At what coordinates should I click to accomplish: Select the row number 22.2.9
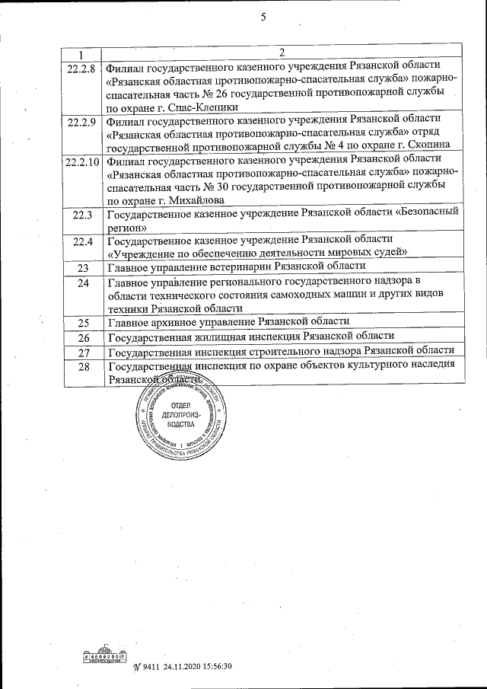81,121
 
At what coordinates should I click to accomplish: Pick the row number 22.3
82,215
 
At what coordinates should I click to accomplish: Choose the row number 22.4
82,241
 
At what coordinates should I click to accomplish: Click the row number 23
83,267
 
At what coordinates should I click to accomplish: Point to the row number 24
83,283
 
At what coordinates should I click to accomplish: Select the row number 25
83,323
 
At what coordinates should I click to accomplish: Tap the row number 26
84,337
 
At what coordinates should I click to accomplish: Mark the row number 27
84,352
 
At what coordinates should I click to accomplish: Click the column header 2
282,53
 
